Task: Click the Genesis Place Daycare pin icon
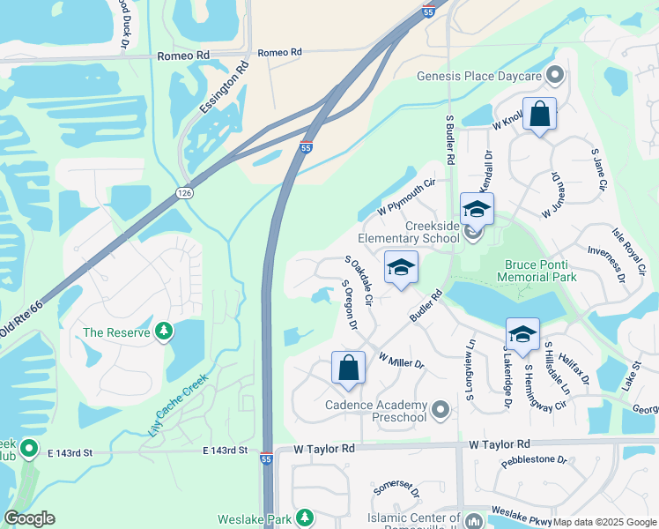[555, 76]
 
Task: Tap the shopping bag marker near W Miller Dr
[348, 369]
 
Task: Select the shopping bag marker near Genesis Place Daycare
[539, 115]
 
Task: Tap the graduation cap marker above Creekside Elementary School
[477, 210]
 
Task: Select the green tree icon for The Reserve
[163, 332]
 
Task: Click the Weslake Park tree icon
[305, 517]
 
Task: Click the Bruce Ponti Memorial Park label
[540, 271]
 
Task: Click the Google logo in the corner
[30, 518]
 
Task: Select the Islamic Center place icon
[474, 520]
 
